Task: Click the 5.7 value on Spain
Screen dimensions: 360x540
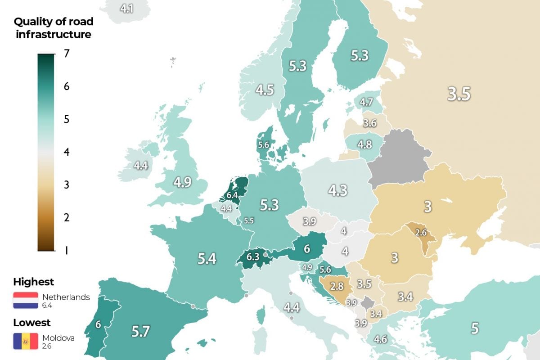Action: [141, 332]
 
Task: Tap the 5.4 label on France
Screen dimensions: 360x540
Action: [207, 258]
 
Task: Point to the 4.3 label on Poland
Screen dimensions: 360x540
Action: [337, 190]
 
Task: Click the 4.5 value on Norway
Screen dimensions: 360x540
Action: [265, 90]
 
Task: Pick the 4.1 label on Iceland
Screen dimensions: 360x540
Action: [127, 8]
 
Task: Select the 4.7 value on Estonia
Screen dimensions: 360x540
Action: [366, 102]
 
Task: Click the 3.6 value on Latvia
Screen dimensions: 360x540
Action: [370, 123]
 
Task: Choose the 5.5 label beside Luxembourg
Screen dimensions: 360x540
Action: [249, 221]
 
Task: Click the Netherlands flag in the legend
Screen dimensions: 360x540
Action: [26, 300]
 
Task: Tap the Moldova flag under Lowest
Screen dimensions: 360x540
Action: [26, 341]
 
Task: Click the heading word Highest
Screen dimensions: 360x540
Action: [34, 282]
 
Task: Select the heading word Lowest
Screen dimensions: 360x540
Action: [31, 323]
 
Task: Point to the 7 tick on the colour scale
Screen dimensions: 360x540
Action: [67, 54]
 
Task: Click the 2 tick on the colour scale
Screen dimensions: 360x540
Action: [67, 217]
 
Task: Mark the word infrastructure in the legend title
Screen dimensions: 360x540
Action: [54, 34]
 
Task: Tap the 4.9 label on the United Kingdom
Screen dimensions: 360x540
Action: [183, 183]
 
